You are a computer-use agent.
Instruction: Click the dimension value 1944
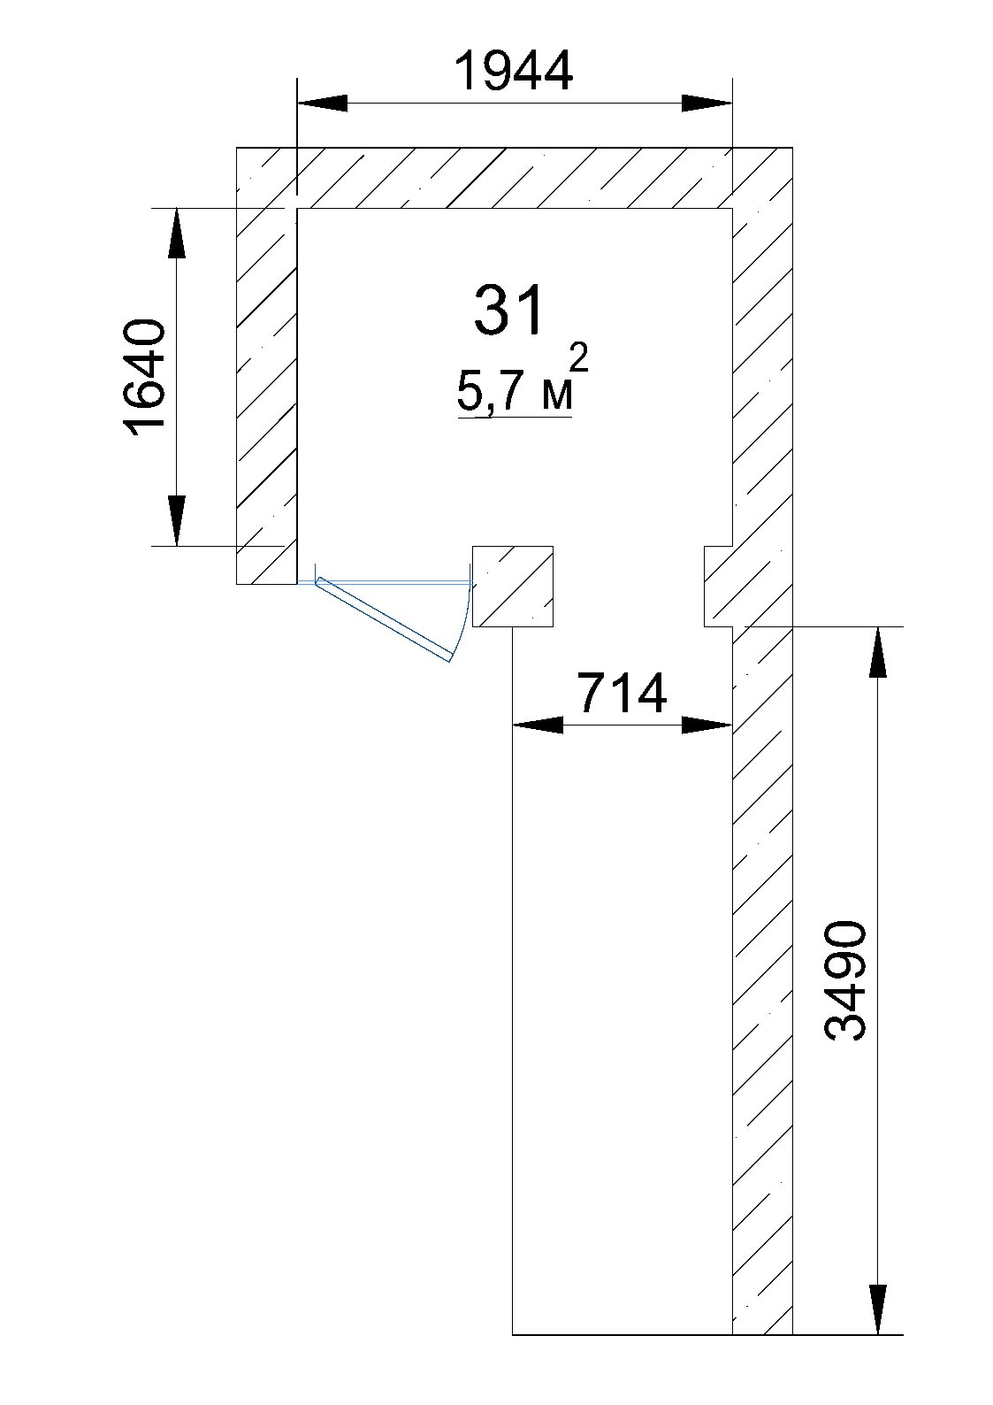514,70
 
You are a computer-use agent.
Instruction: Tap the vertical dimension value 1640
145,378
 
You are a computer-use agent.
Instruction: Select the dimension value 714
622,693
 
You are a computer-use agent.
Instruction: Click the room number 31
508,311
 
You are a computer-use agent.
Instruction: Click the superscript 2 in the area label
580,359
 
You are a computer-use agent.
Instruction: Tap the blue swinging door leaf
384,619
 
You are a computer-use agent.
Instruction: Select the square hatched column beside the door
512,587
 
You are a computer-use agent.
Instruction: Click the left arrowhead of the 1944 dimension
322,103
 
